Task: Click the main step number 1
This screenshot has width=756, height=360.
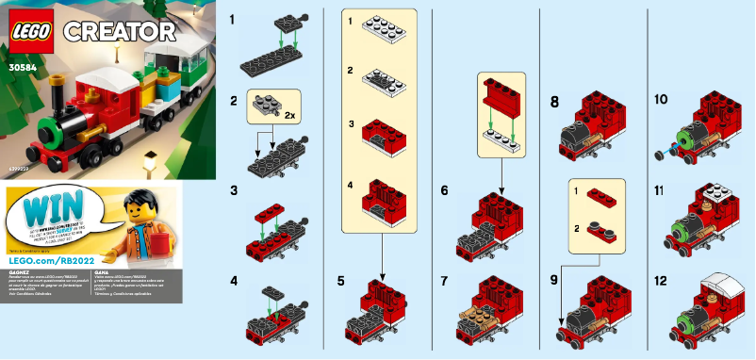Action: point(234,18)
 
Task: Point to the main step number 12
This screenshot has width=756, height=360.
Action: point(661,281)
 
